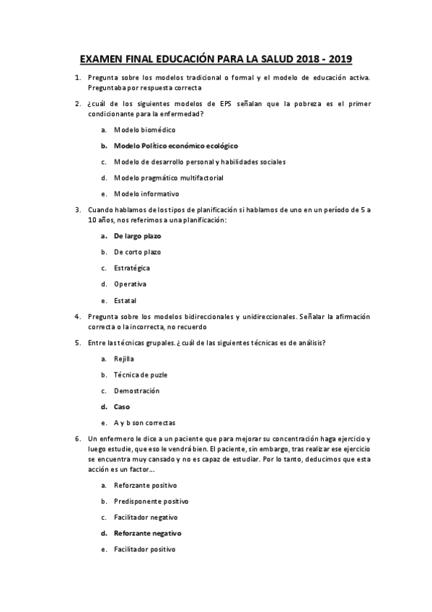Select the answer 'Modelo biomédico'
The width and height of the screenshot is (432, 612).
(144, 129)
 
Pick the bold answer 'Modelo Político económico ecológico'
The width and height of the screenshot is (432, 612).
(175, 145)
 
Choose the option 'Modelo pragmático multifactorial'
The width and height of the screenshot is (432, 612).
(163, 178)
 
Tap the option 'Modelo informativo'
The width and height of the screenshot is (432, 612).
(146, 193)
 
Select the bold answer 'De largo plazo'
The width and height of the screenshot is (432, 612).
(137, 236)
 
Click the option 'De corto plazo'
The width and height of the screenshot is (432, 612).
(137, 252)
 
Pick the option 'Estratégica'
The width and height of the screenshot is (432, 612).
(132, 268)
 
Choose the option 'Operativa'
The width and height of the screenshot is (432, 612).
(130, 284)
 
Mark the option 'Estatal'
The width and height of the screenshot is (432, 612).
(125, 300)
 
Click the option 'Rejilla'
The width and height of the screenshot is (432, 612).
(123, 359)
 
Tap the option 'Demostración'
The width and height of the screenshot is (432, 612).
(136, 390)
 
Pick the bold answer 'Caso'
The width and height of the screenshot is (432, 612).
(121, 406)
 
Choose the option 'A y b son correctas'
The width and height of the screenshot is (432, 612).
(144, 423)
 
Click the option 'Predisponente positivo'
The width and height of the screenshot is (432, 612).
(151, 501)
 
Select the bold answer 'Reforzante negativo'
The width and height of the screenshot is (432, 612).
(147, 533)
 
